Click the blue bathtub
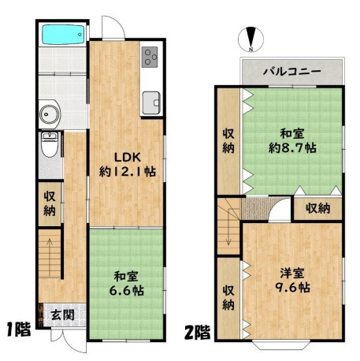click(x=63, y=35)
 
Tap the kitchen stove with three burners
click(x=150, y=57)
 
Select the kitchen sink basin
click(x=151, y=102)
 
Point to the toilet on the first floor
click(x=50, y=145)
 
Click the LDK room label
click(x=128, y=158)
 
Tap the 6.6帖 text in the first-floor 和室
click(x=127, y=291)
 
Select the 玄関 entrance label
click(x=62, y=314)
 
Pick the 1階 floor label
click(x=19, y=329)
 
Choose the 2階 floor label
click(x=198, y=333)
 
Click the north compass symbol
click(x=251, y=39)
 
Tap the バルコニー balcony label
click(x=292, y=72)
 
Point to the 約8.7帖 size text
click(x=292, y=148)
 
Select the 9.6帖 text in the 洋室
click(x=292, y=287)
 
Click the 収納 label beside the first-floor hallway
click(x=50, y=203)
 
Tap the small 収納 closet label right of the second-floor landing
click(x=317, y=209)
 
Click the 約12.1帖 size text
click(x=128, y=172)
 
